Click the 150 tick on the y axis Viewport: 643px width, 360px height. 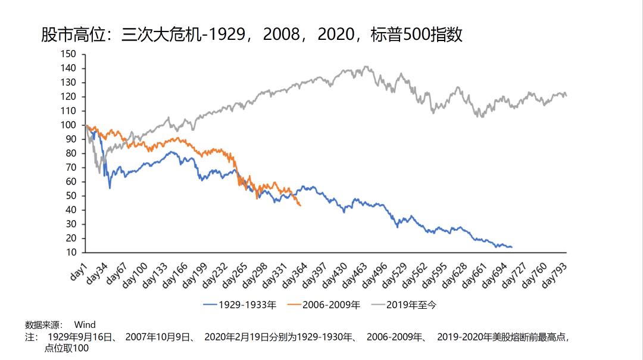(68, 54)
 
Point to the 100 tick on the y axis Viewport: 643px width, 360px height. (68, 125)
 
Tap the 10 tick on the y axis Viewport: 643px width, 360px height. (71, 252)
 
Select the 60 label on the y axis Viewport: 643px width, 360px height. (71, 181)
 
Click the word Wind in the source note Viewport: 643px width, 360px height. (85, 325)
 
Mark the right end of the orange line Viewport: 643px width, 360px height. (301, 206)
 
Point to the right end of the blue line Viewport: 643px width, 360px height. (511, 247)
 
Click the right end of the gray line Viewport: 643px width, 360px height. (566, 95)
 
